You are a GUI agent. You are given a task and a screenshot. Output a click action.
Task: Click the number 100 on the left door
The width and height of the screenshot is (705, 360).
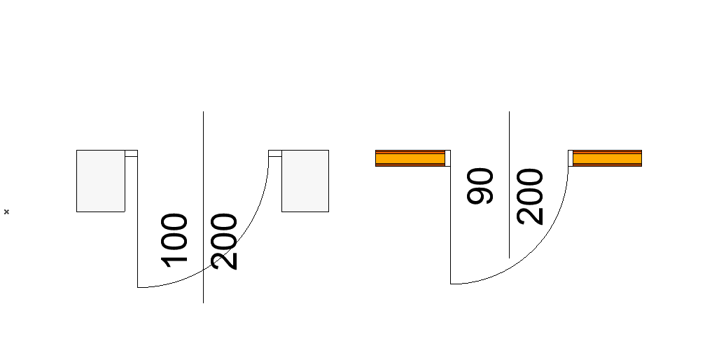point(175,240)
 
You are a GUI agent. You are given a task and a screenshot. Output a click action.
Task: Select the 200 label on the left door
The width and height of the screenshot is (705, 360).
point(225,242)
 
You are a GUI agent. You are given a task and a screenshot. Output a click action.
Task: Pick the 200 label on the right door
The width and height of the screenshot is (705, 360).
point(530,196)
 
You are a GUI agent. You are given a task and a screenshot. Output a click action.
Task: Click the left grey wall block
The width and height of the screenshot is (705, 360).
point(100,181)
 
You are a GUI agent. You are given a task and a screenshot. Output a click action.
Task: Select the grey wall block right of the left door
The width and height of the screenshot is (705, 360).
point(305,181)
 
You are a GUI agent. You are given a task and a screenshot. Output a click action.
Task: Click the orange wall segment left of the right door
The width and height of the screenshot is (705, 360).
point(410,159)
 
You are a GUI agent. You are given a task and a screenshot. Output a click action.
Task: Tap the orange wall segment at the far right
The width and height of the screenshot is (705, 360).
point(607,159)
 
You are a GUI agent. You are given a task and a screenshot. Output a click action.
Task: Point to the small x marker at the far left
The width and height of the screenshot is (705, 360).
point(6,212)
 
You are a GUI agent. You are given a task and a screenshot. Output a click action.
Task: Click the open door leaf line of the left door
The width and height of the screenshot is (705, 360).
point(137,224)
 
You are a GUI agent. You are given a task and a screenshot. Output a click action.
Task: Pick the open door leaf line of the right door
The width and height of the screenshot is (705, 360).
point(450,224)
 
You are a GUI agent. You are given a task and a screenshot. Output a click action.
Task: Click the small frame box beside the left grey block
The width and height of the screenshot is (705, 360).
point(131,153)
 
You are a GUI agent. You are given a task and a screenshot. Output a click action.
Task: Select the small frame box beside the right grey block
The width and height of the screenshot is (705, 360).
point(274,153)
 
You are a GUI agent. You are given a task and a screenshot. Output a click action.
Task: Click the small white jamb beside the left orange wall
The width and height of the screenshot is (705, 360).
point(447,158)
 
